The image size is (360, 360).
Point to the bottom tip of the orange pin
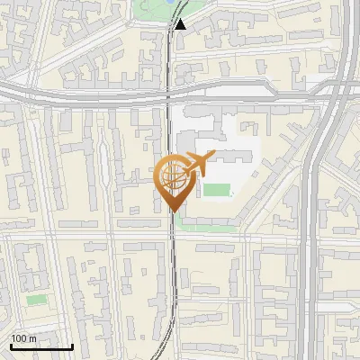pyautogui.click(x=173, y=211)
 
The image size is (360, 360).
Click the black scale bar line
pyautogui.click(x=41, y=346)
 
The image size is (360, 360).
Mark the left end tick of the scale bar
pyautogui.click(x=11, y=345)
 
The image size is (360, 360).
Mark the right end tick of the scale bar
pyautogui.click(x=72, y=345)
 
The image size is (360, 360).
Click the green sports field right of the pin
pyautogui.click(x=217, y=189)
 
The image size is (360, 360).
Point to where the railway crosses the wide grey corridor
pyautogui.click(x=170, y=90)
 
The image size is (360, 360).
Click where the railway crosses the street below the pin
pyautogui.click(x=173, y=236)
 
